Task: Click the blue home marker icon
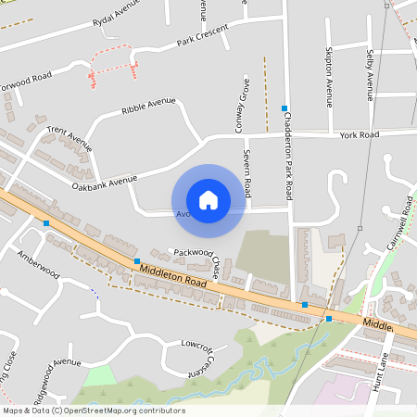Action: point(208,200)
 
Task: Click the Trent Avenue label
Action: point(70,139)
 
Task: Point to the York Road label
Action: point(360,135)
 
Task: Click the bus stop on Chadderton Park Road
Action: point(284,108)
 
